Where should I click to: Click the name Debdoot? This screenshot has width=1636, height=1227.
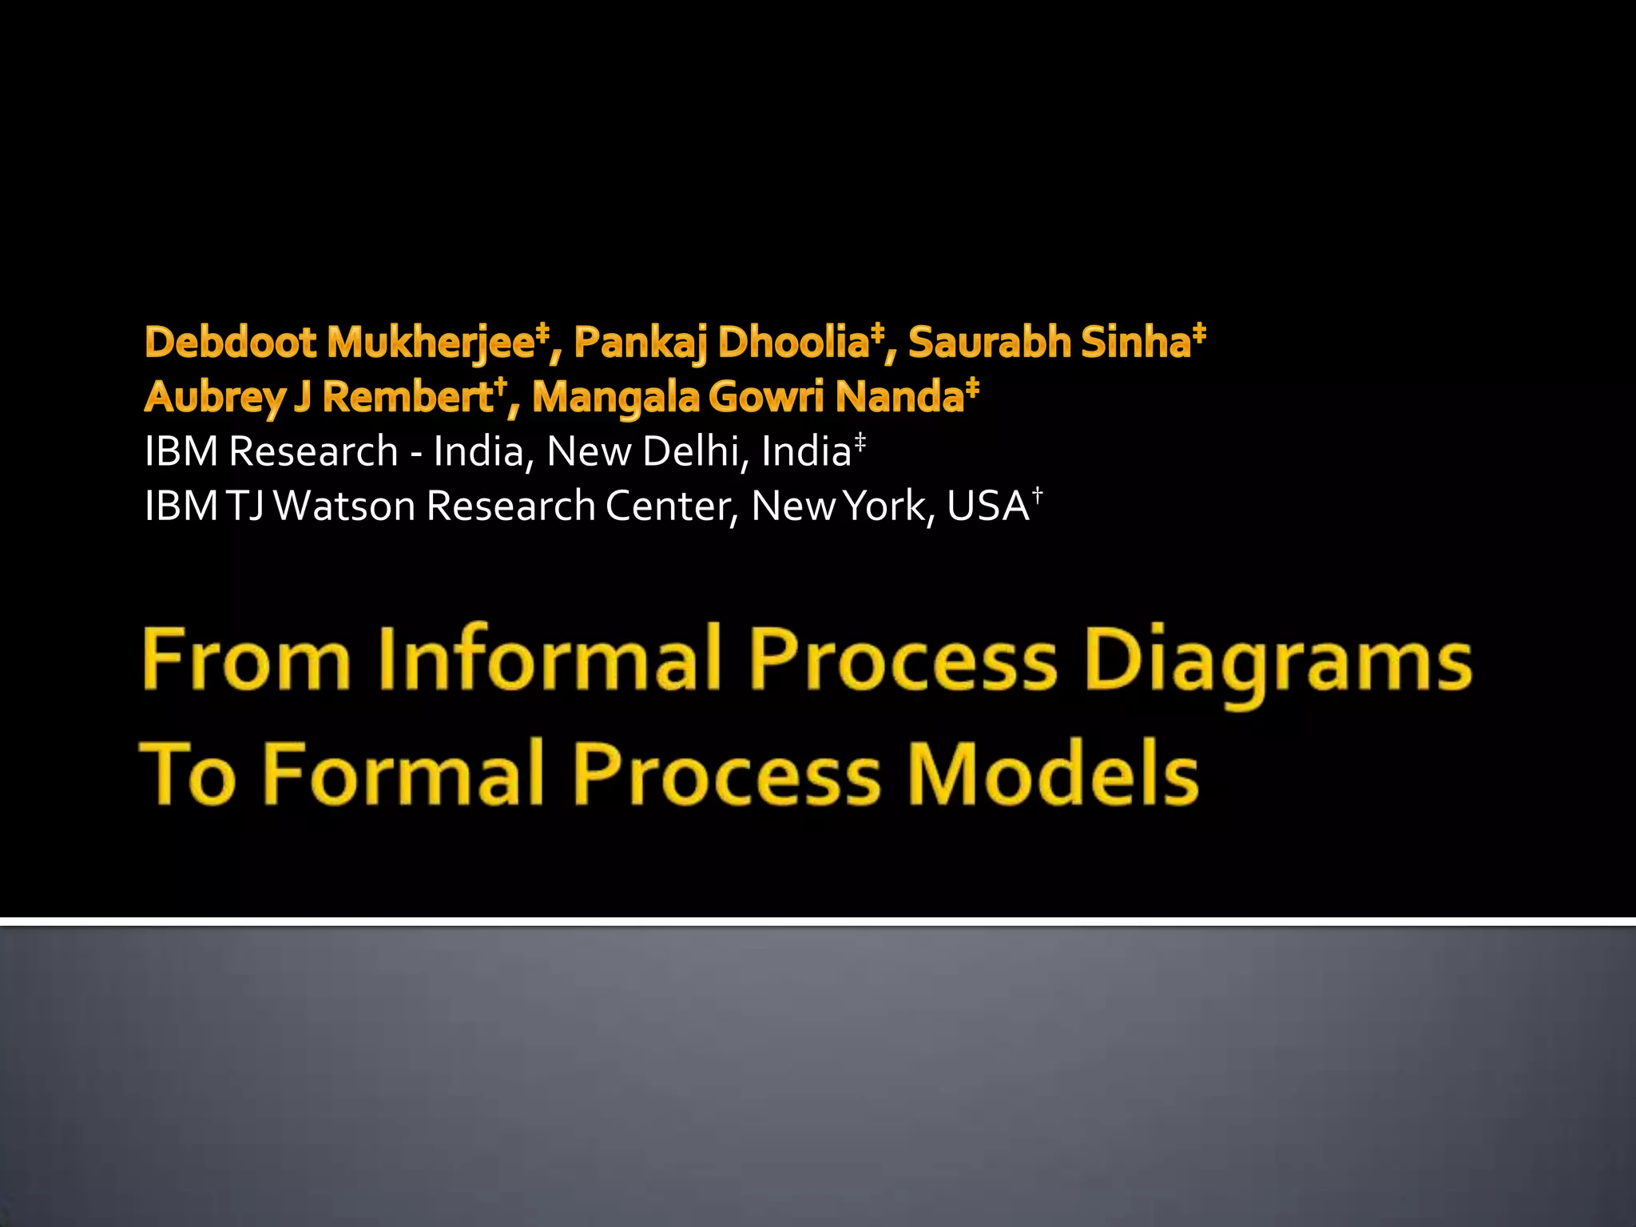pyautogui.click(x=231, y=343)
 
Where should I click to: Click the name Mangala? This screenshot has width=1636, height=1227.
pyautogui.click(x=615, y=397)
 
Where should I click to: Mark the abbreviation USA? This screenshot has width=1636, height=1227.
pyautogui.click(x=987, y=506)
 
